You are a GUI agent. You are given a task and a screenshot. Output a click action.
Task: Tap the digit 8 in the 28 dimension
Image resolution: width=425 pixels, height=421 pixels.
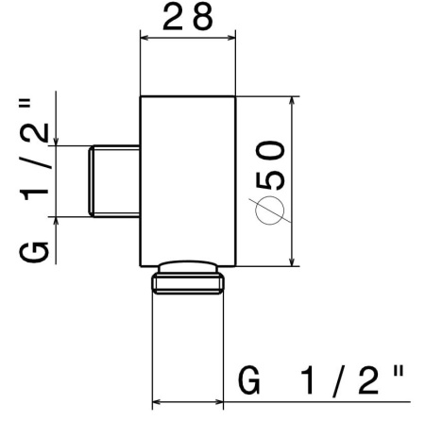(x=201, y=17)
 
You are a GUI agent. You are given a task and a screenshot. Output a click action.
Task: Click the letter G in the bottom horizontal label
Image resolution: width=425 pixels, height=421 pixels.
(x=250, y=381)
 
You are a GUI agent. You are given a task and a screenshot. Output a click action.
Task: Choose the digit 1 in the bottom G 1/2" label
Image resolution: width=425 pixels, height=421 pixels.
(x=307, y=381)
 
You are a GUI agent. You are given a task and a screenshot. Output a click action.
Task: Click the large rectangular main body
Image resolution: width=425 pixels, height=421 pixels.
(x=188, y=179)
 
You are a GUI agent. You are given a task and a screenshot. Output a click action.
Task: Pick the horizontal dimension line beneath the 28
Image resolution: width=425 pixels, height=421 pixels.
(x=188, y=39)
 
